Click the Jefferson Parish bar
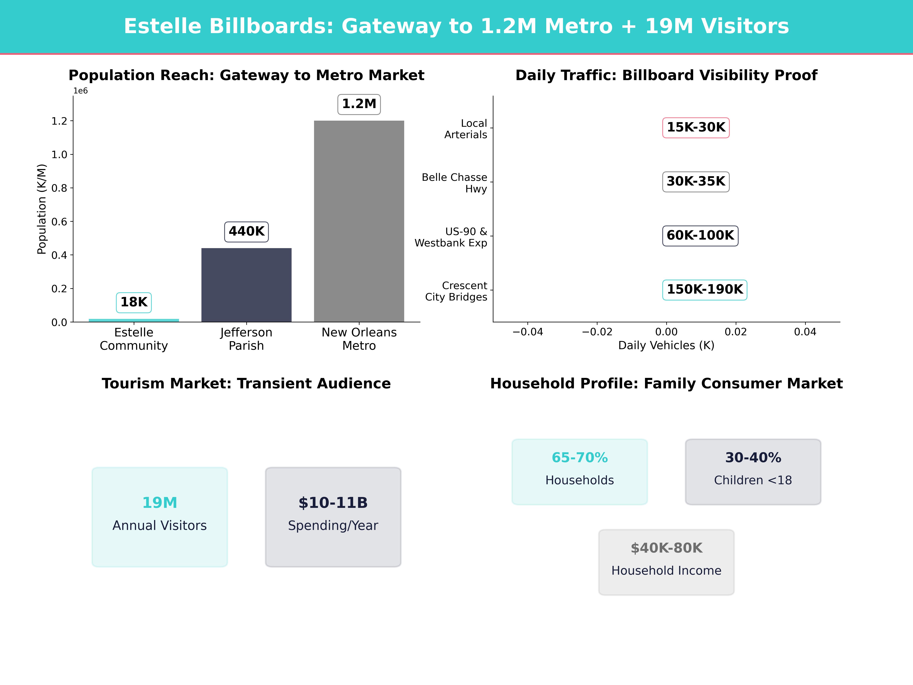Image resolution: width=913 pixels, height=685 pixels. (246, 285)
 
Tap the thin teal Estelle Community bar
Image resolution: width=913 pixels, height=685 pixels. (134, 320)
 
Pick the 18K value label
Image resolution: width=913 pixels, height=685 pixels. (134, 302)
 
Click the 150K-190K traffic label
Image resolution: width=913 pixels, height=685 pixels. (705, 289)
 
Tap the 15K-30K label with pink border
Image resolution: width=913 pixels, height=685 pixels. (696, 128)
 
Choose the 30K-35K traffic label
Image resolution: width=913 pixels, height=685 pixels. (696, 182)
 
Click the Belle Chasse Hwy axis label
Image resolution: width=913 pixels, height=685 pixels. (454, 183)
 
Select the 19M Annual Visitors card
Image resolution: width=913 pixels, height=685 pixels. (160, 517)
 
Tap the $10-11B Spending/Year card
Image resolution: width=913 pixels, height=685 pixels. (333, 517)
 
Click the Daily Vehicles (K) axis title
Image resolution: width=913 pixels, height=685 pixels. (666, 346)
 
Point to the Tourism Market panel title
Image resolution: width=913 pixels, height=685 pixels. (246, 384)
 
